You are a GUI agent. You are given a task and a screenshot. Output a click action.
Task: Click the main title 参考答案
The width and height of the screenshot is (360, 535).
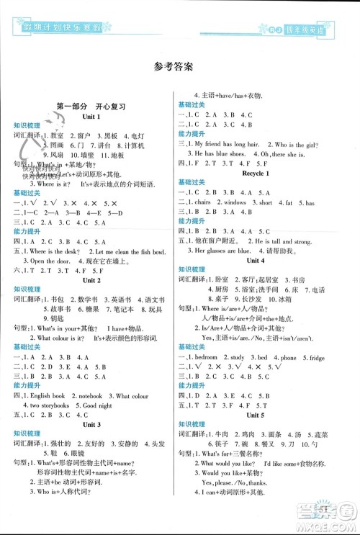(179, 69)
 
